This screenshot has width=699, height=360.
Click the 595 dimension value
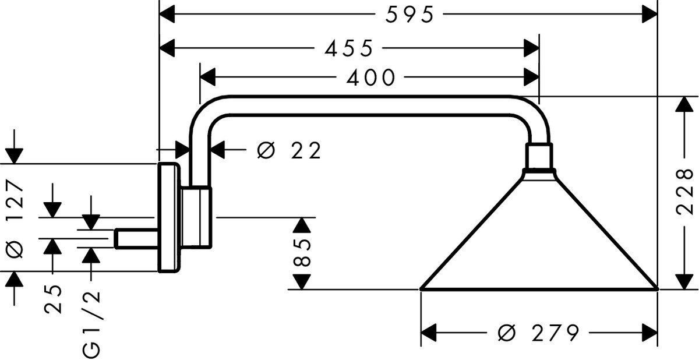click(x=409, y=15)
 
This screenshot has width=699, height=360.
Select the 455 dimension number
click(x=348, y=49)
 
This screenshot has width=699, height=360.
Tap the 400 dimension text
click(x=370, y=77)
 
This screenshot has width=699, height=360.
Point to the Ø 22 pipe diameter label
click(x=288, y=151)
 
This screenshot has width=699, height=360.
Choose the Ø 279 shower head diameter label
click(x=539, y=333)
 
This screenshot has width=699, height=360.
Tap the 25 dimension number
click(x=54, y=299)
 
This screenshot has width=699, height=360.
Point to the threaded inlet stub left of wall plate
click(x=136, y=238)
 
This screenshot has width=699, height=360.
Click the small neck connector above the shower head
click(x=538, y=157)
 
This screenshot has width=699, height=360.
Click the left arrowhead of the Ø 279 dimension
click(x=429, y=334)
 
